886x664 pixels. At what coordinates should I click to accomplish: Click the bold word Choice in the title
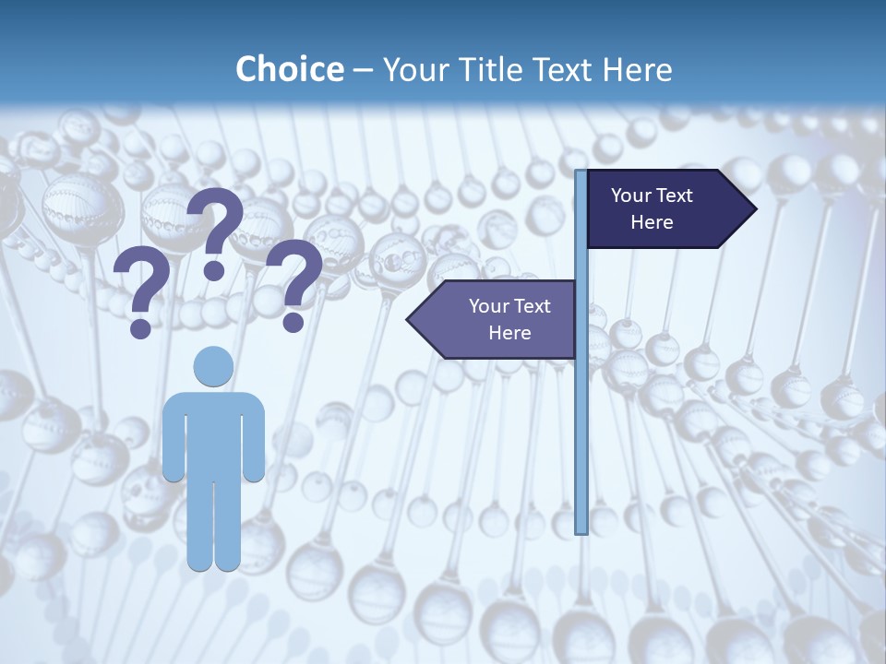(x=289, y=69)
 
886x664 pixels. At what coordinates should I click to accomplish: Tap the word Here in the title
(x=637, y=69)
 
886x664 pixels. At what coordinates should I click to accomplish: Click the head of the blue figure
(x=213, y=366)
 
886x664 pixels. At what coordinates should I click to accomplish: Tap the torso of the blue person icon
(x=213, y=433)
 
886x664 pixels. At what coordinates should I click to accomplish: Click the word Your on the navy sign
(x=631, y=196)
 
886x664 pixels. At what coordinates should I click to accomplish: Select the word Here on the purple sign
(x=509, y=333)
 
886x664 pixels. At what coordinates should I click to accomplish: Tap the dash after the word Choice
(x=363, y=70)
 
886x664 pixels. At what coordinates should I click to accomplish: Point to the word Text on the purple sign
(x=532, y=306)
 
